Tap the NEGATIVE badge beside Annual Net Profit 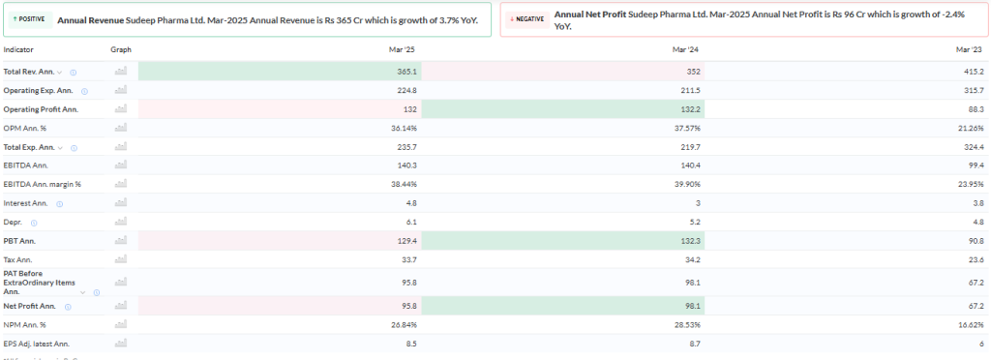point(528,18)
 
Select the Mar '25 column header point(404,49)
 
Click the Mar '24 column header point(686,49)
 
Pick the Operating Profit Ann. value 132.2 point(690,109)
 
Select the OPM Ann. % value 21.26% point(968,128)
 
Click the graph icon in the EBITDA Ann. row point(121,165)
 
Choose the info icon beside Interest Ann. point(59,203)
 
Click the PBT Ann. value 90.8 point(975,240)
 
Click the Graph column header point(121,49)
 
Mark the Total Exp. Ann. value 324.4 point(973,147)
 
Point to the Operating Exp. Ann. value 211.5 point(690,90)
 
